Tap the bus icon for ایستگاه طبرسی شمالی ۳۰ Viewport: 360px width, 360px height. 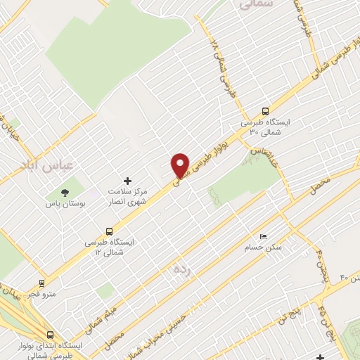coord(265,111)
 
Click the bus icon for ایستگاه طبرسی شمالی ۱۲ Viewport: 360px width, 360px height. coord(108,231)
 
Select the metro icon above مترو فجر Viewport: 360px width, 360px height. coord(42,283)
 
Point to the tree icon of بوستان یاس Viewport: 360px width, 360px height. coord(65,191)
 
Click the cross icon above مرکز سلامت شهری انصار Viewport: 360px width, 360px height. coord(127,181)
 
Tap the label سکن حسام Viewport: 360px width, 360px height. coord(264,247)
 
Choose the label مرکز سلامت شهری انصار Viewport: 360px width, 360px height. coord(128,197)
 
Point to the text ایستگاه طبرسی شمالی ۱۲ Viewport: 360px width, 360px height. coord(112,247)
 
